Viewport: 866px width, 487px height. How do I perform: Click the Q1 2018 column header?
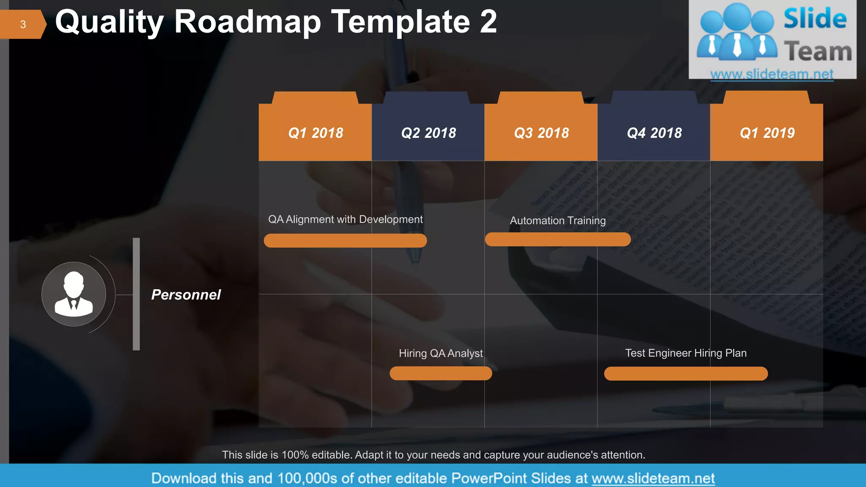pyautogui.click(x=315, y=133)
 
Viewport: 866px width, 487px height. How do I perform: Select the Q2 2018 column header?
pyautogui.click(x=428, y=133)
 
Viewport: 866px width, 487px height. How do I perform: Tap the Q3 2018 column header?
pyautogui.click(x=541, y=133)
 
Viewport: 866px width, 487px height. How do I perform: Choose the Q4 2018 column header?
pyautogui.click(x=654, y=133)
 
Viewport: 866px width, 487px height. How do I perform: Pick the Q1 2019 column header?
pyautogui.click(x=767, y=133)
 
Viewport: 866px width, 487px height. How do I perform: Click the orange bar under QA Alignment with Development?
pyautogui.click(x=345, y=241)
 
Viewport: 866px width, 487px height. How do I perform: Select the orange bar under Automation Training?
pyautogui.click(x=558, y=239)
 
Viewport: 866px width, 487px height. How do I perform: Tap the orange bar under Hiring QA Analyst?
pyautogui.click(x=441, y=373)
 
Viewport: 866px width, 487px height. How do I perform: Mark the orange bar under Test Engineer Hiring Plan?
pyautogui.click(x=685, y=374)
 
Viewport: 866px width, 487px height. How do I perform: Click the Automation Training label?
pyautogui.click(x=558, y=221)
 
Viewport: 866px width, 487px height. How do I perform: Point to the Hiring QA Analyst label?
pyautogui.click(x=441, y=353)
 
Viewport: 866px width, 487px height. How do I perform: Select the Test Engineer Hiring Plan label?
pyautogui.click(x=685, y=353)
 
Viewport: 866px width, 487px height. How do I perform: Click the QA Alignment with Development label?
pyautogui.click(x=345, y=219)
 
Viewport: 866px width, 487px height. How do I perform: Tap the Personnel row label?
pyautogui.click(x=186, y=295)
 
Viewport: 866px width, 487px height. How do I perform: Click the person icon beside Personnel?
pyautogui.click(x=74, y=294)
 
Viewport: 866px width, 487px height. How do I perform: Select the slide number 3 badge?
pyautogui.click(x=23, y=25)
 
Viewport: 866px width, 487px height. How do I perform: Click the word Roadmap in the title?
pyautogui.click(x=247, y=22)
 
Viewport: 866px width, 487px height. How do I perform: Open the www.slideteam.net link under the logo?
pyautogui.click(x=772, y=74)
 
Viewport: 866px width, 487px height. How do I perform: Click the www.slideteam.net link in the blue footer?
pyautogui.click(x=653, y=478)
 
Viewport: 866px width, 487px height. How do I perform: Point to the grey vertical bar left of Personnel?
pyautogui.click(x=136, y=294)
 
